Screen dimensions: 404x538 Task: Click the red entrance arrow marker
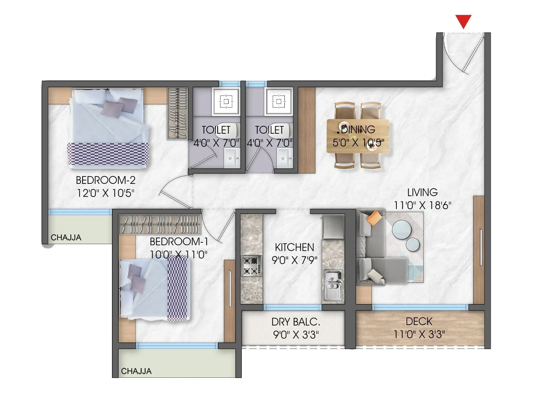point(463,21)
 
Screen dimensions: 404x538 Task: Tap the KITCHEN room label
point(294,247)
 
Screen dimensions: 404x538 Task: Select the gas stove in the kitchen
point(252,266)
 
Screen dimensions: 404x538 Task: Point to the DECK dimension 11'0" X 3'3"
point(419,334)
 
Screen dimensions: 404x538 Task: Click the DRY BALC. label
point(296,322)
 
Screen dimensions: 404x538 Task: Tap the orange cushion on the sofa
point(374,218)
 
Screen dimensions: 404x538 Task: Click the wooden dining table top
point(358,136)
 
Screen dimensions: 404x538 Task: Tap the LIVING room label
point(422,193)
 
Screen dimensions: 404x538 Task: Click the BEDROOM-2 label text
point(106,180)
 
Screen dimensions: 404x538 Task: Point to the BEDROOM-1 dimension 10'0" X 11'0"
point(179,255)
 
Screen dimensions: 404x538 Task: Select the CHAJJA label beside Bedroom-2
point(66,238)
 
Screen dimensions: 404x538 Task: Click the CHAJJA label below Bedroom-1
point(136,371)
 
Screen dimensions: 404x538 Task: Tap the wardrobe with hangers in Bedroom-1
point(160,224)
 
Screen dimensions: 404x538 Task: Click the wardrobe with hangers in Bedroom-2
point(178,113)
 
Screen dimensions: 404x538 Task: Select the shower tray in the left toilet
point(226,101)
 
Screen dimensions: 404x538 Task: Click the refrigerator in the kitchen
point(333,227)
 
